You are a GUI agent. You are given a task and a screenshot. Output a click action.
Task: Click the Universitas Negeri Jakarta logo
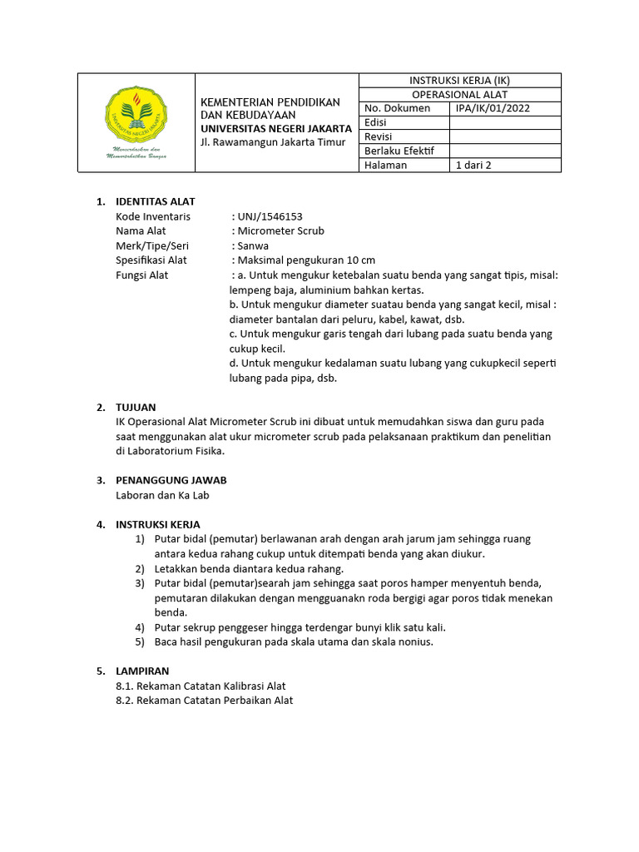pyautogui.click(x=136, y=123)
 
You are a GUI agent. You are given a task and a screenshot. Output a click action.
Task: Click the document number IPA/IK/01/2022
pyautogui.click(x=493, y=108)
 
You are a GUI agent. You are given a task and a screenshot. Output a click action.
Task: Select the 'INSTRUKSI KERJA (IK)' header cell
pyautogui.click(x=459, y=81)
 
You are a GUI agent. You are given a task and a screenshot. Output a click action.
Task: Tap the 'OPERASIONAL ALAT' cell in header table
pyautogui.click(x=459, y=95)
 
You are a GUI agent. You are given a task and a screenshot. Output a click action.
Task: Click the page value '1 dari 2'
pyautogui.click(x=473, y=165)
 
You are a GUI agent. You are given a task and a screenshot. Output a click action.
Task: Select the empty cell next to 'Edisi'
pyautogui.click(x=504, y=122)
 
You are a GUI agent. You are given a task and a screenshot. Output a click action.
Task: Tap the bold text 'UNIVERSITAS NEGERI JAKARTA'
pyautogui.click(x=276, y=129)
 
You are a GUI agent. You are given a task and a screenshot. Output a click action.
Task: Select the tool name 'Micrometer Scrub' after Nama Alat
pyautogui.click(x=280, y=230)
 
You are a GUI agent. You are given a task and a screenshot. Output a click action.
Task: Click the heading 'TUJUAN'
pyautogui.click(x=136, y=407)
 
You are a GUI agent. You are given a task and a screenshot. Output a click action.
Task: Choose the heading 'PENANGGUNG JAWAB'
pyautogui.click(x=171, y=480)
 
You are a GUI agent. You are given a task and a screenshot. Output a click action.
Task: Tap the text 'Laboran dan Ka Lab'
pyautogui.click(x=162, y=495)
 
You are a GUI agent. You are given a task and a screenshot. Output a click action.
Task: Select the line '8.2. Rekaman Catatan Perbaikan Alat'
pyautogui.click(x=205, y=701)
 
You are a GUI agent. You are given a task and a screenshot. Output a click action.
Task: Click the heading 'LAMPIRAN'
pyautogui.click(x=141, y=671)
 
